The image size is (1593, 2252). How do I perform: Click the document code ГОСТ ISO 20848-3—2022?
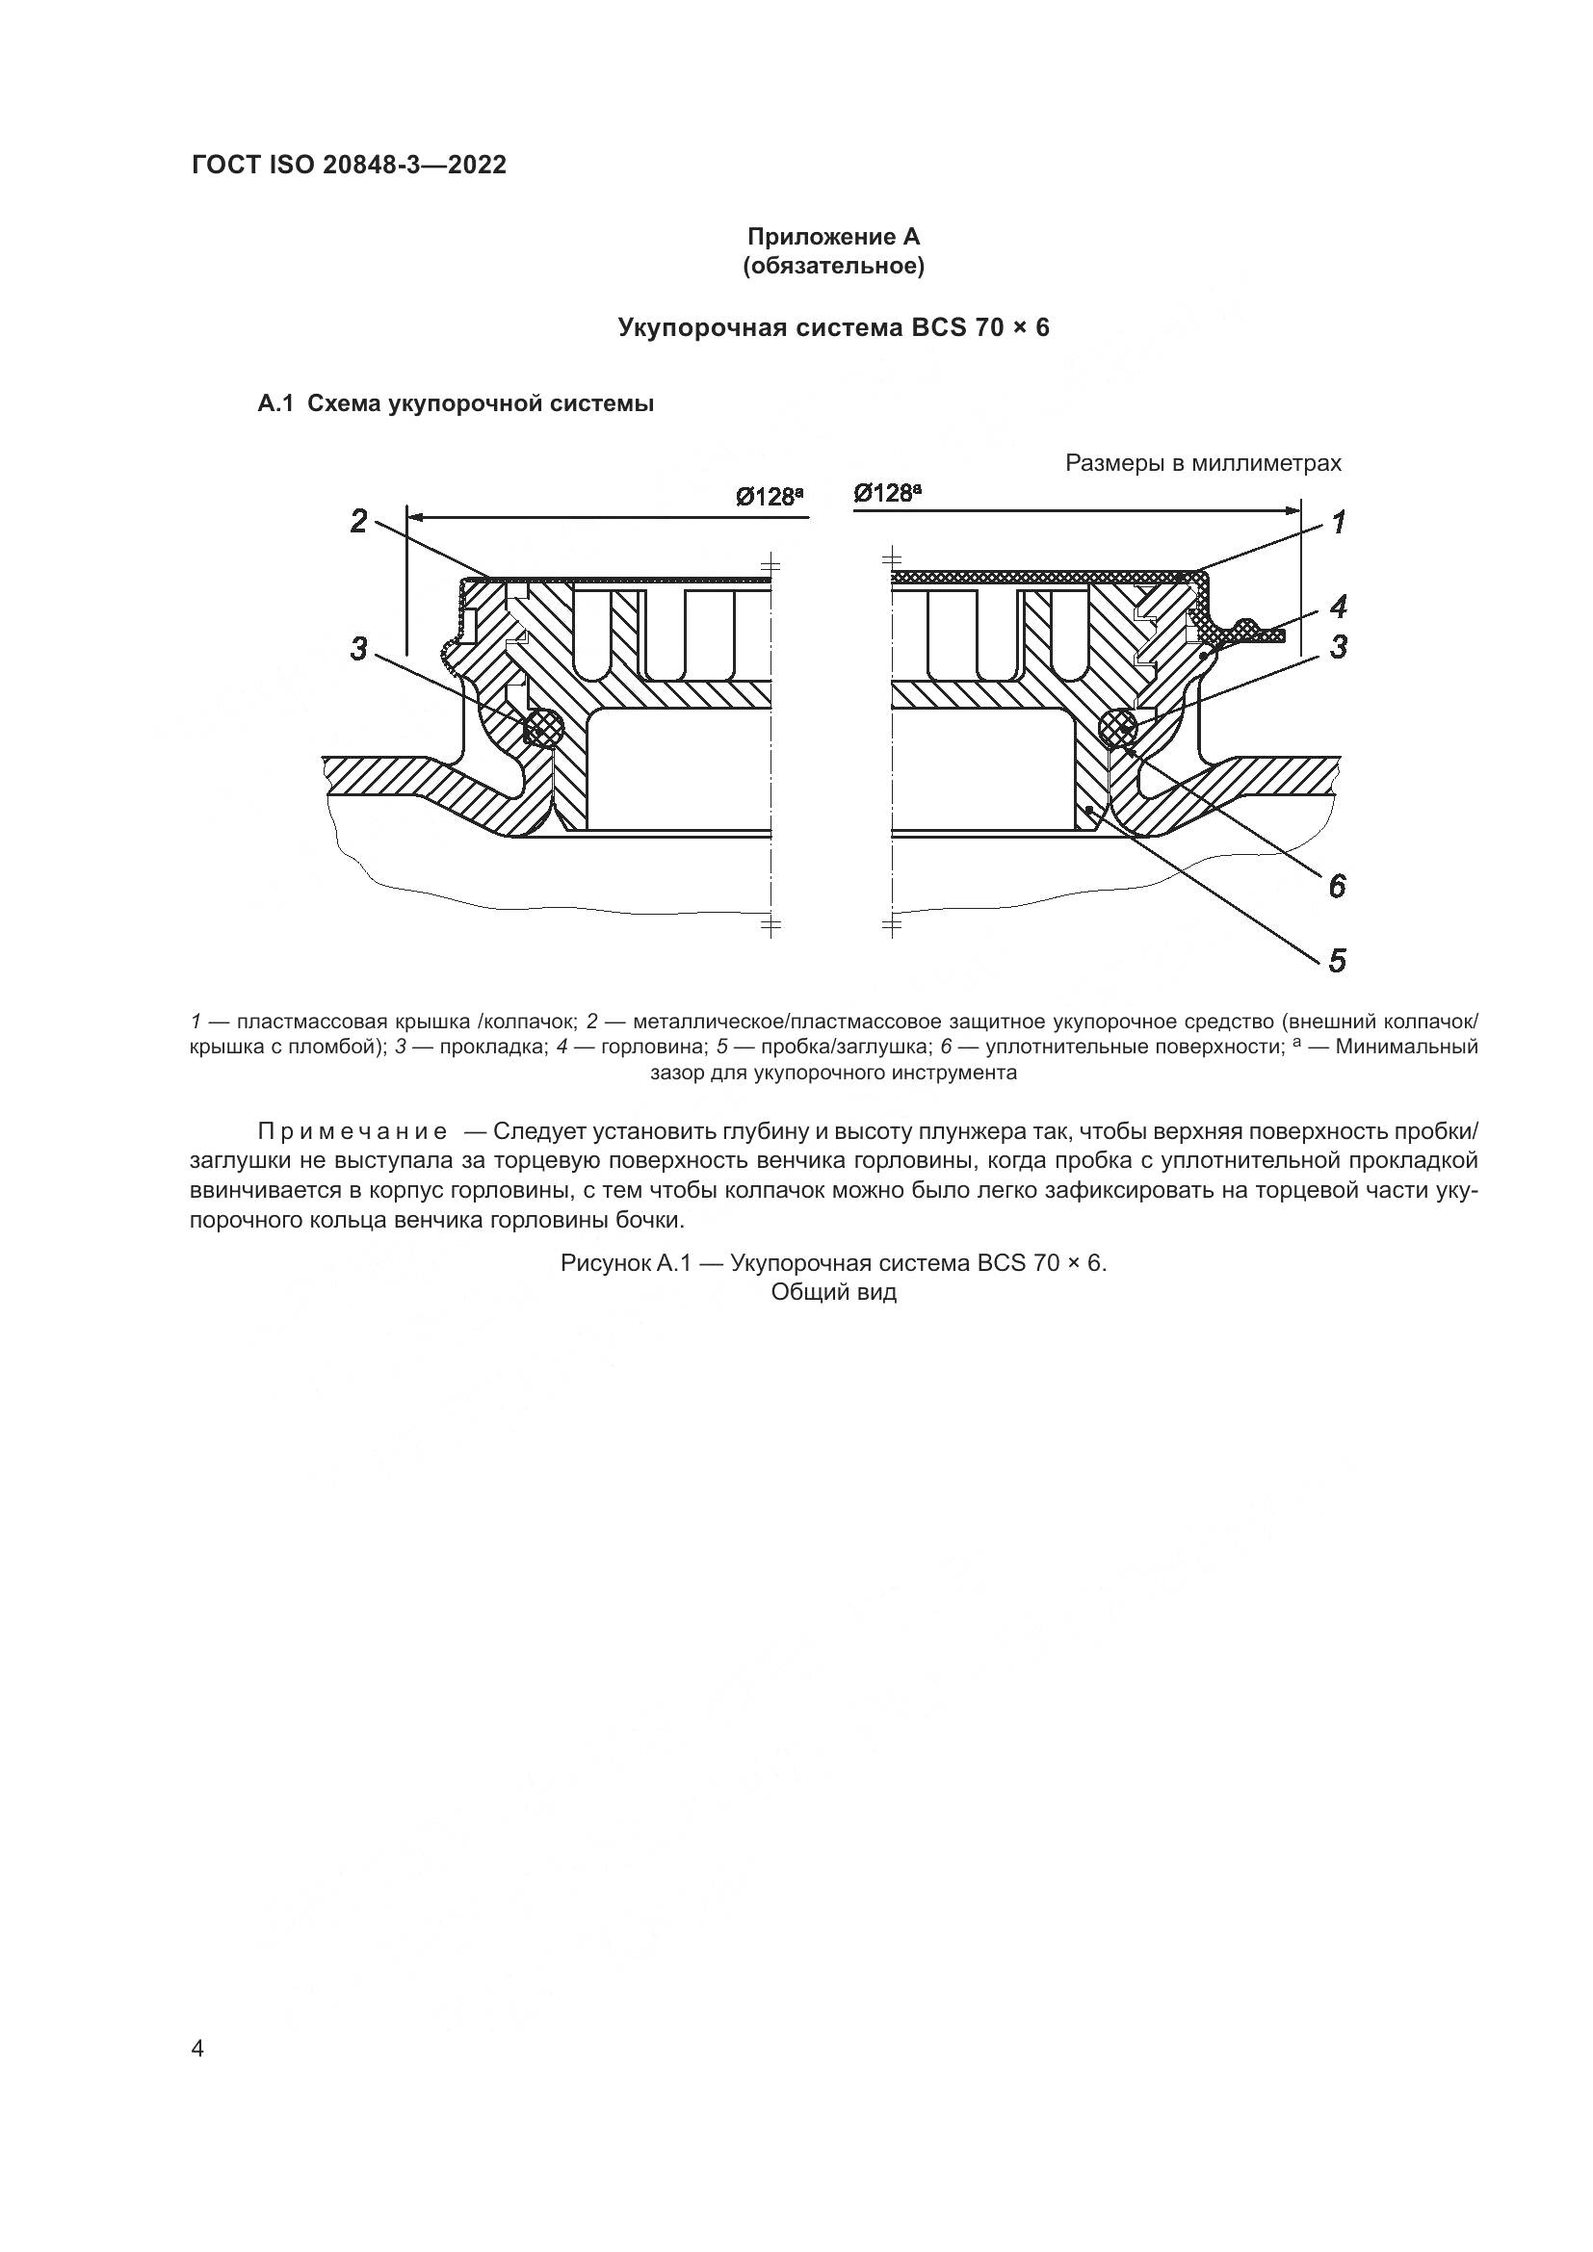[x=349, y=166]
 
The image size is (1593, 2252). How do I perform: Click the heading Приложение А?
[x=833, y=238]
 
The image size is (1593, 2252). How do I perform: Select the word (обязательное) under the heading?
[x=833, y=267]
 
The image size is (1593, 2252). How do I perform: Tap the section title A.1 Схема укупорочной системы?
[x=456, y=403]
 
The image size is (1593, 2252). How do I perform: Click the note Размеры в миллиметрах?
[x=1203, y=463]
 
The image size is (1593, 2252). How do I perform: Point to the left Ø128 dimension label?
[x=770, y=497]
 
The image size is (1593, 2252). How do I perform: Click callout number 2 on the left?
[x=359, y=521]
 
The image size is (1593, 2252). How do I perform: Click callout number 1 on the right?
[x=1338, y=523]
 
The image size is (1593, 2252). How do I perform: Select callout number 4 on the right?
[x=1338, y=608]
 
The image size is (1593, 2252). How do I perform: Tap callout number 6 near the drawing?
[x=1337, y=887]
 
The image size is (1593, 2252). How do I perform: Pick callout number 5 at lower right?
[x=1337, y=960]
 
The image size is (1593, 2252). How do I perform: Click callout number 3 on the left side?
[x=359, y=648]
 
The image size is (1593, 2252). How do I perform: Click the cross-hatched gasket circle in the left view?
[x=543, y=728]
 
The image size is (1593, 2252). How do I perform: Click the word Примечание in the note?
[x=353, y=1132]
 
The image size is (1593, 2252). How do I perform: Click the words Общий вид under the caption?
[x=833, y=1292]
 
